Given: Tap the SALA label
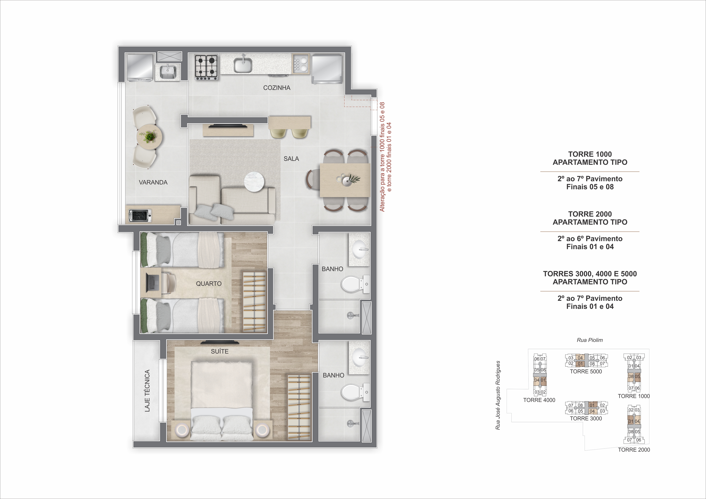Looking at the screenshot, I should click(x=291, y=159).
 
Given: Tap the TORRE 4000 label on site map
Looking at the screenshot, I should click(x=539, y=400).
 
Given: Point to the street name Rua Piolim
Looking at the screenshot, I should click(x=589, y=340).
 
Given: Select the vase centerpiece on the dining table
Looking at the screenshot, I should click(x=347, y=180).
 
